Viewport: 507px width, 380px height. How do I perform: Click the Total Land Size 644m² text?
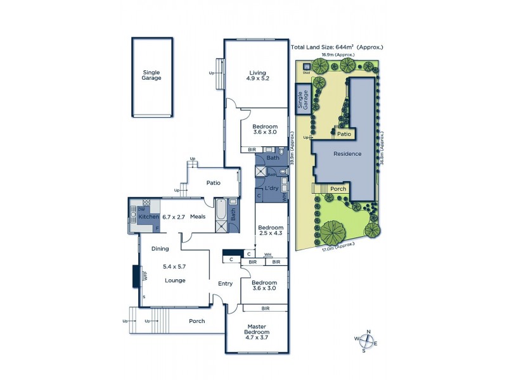[337, 47]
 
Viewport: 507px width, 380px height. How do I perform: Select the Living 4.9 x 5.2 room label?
[257, 75]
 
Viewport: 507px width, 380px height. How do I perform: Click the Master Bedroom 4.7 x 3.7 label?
[257, 332]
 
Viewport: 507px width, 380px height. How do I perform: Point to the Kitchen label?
[149, 217]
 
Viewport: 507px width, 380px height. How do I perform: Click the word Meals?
[197, 217]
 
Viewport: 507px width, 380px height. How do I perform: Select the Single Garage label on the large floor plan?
[151, 75]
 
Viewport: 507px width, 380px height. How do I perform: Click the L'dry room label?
[273, 189]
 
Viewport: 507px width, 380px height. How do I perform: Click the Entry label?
[226, 284]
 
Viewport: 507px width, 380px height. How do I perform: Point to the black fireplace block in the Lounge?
[136, 277]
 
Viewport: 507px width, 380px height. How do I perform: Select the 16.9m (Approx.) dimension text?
[337, 55]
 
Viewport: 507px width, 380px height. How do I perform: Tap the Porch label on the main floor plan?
[197, 321]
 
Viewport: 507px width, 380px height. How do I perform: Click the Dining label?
[160, 249]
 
